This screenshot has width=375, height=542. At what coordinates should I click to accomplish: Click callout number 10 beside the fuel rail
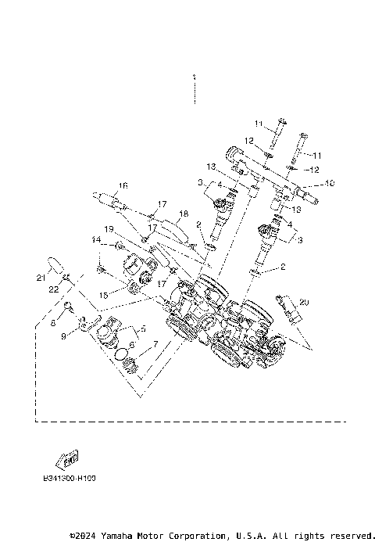(x=330, y=184)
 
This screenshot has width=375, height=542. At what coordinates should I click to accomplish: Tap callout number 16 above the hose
(x=123, y=186)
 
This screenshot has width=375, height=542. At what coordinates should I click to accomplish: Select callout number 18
(x=184, y=214)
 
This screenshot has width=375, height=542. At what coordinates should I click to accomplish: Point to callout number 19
(x=109, y=229)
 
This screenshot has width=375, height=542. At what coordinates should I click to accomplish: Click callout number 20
(x=304, y=302)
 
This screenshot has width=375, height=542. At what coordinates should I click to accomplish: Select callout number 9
(x=65, y=336)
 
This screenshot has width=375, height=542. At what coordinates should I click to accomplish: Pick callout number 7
(x=155, y=343)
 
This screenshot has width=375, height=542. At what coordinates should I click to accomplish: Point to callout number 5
(x=142, y=329)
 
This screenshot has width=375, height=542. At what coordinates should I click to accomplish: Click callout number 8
(x=53, y=321)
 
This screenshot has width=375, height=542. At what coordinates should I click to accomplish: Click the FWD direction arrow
(x=65, y=458)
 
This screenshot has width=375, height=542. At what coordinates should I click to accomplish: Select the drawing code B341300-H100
(x=70, y=475)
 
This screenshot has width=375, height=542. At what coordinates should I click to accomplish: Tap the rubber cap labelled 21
(x=54, y=262)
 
